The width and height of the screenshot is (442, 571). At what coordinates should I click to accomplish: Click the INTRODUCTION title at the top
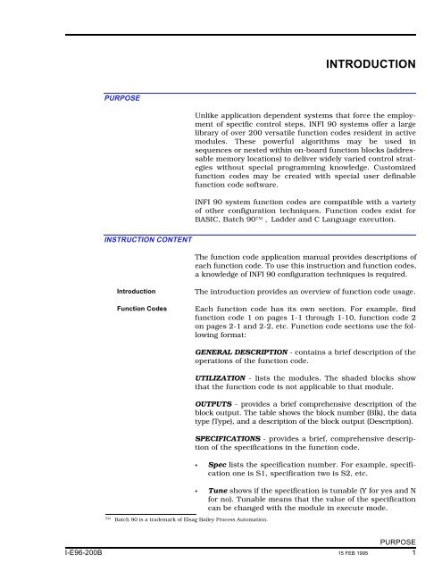370,64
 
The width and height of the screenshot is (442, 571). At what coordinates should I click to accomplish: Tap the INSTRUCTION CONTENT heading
145,240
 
